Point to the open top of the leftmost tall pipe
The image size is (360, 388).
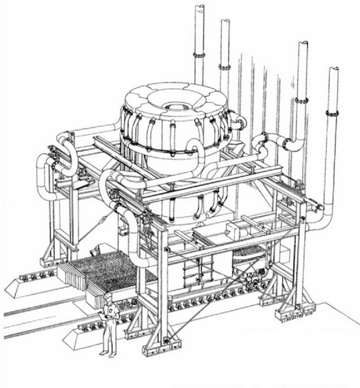(x=199, y=7)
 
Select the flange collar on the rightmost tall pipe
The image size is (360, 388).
(x=332, y=113)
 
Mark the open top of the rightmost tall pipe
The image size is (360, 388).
(x=333, y=69)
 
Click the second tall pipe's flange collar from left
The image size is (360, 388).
(x=224, y=67)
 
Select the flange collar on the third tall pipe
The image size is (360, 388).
(x=301, y=100)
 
